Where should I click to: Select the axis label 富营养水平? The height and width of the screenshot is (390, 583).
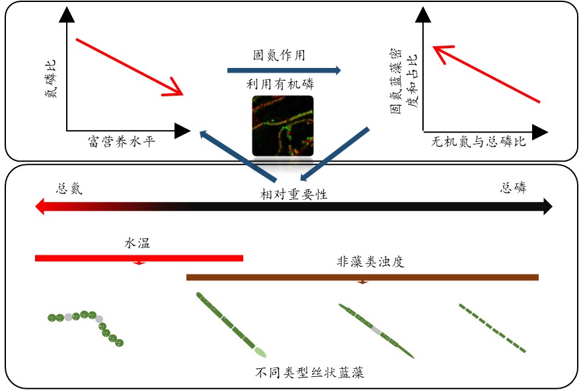(x=121, y=141)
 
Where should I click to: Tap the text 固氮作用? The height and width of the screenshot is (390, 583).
(x=280, y=55)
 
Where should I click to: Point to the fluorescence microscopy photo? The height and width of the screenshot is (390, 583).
(x=282, y=126)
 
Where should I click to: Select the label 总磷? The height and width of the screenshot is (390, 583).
(x=513, y=188)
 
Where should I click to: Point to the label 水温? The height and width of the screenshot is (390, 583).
(x=137, y=243)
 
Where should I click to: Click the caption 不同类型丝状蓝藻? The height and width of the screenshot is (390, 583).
(x=310, y=373)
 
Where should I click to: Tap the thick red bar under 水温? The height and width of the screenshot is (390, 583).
(x=139, y=258)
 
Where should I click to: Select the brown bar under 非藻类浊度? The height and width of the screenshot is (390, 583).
(x=362, y=277)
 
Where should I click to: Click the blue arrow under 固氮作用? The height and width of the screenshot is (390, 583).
(x=284, y=71)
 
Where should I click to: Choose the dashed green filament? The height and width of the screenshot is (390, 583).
(x=492, y=328)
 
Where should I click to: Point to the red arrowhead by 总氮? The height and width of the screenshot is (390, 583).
(x=40, y=207)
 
